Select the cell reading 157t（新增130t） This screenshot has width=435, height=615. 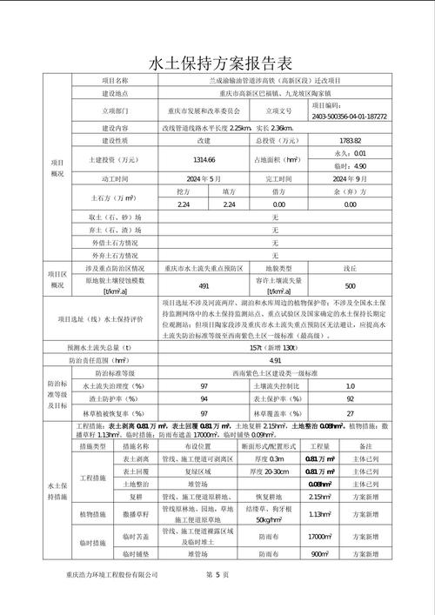(x=275, y=347)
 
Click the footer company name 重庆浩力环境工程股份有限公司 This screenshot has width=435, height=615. (x=111, y=576)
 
